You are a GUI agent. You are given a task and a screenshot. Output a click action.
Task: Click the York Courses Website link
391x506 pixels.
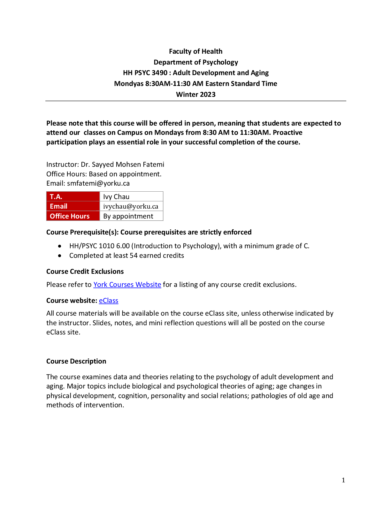pos(127,284)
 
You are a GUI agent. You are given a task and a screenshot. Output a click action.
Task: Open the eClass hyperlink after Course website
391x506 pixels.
pos(109,301)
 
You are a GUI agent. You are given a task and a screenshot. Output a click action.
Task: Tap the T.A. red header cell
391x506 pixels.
pos(73,196)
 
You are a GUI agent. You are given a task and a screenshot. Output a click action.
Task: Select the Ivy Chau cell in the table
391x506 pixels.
pos(131,196)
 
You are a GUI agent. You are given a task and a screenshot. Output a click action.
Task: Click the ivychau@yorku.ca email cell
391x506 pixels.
pos(131,206)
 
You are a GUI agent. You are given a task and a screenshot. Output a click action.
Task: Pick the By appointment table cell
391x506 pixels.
pos(131,216)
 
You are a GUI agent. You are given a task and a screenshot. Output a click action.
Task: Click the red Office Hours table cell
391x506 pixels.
pos(73,216)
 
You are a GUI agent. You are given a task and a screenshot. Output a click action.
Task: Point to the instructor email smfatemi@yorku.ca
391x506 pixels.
pos(98,183)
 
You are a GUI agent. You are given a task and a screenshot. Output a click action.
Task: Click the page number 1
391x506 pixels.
pos(343,480)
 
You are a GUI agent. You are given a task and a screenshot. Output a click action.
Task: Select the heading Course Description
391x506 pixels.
pos(76,361)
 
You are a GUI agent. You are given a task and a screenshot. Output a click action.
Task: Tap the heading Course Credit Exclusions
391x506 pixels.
pos(85,272)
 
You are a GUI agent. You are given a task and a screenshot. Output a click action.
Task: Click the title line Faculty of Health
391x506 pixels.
pos(195,51)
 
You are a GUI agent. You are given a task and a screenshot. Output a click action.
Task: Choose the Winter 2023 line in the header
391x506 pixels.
pos(195,95)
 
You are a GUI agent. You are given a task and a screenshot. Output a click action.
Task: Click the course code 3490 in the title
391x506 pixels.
pos(159,73)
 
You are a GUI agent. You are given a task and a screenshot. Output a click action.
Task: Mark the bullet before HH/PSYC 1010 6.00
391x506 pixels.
pos(60,246)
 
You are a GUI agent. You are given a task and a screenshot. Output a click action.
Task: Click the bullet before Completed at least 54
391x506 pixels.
pos(60,256)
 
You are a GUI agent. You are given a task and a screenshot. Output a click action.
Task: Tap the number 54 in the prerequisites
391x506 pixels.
pos(134,256)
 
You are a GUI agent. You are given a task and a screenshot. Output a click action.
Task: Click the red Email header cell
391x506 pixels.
pos(73,206)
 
